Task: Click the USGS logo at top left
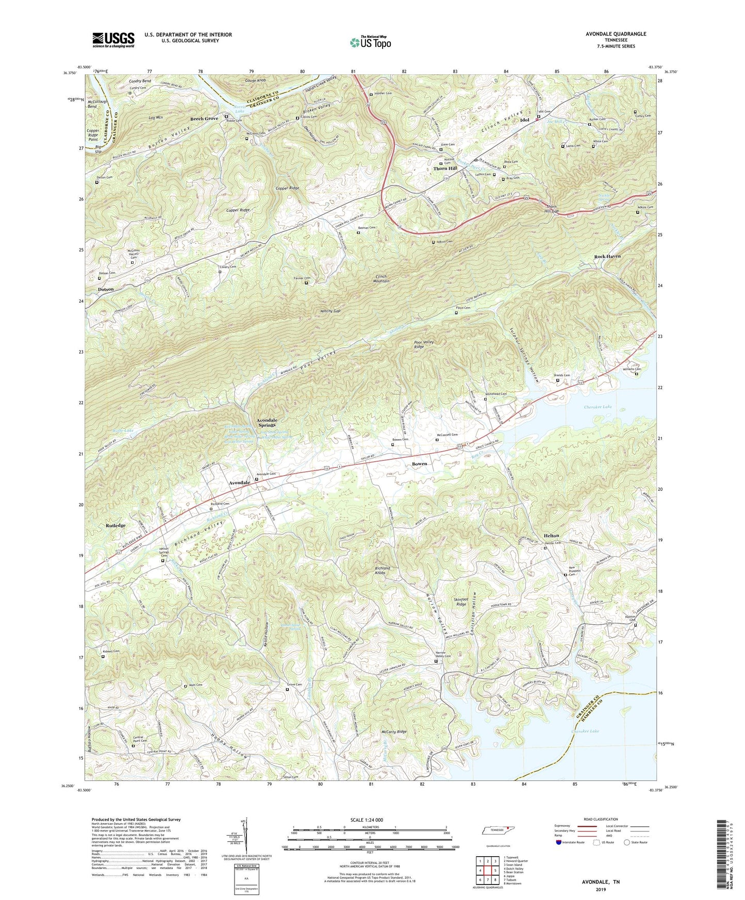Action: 113,40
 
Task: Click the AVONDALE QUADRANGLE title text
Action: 616,34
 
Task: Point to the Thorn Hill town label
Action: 445,169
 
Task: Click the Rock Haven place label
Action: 607,256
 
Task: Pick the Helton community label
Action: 551,536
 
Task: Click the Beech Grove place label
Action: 204,119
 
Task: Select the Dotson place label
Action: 106,290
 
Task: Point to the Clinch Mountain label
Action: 381,278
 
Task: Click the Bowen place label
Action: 419,464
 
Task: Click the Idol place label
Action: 525,120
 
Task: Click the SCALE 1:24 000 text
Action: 369,820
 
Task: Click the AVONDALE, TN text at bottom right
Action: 600,882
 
